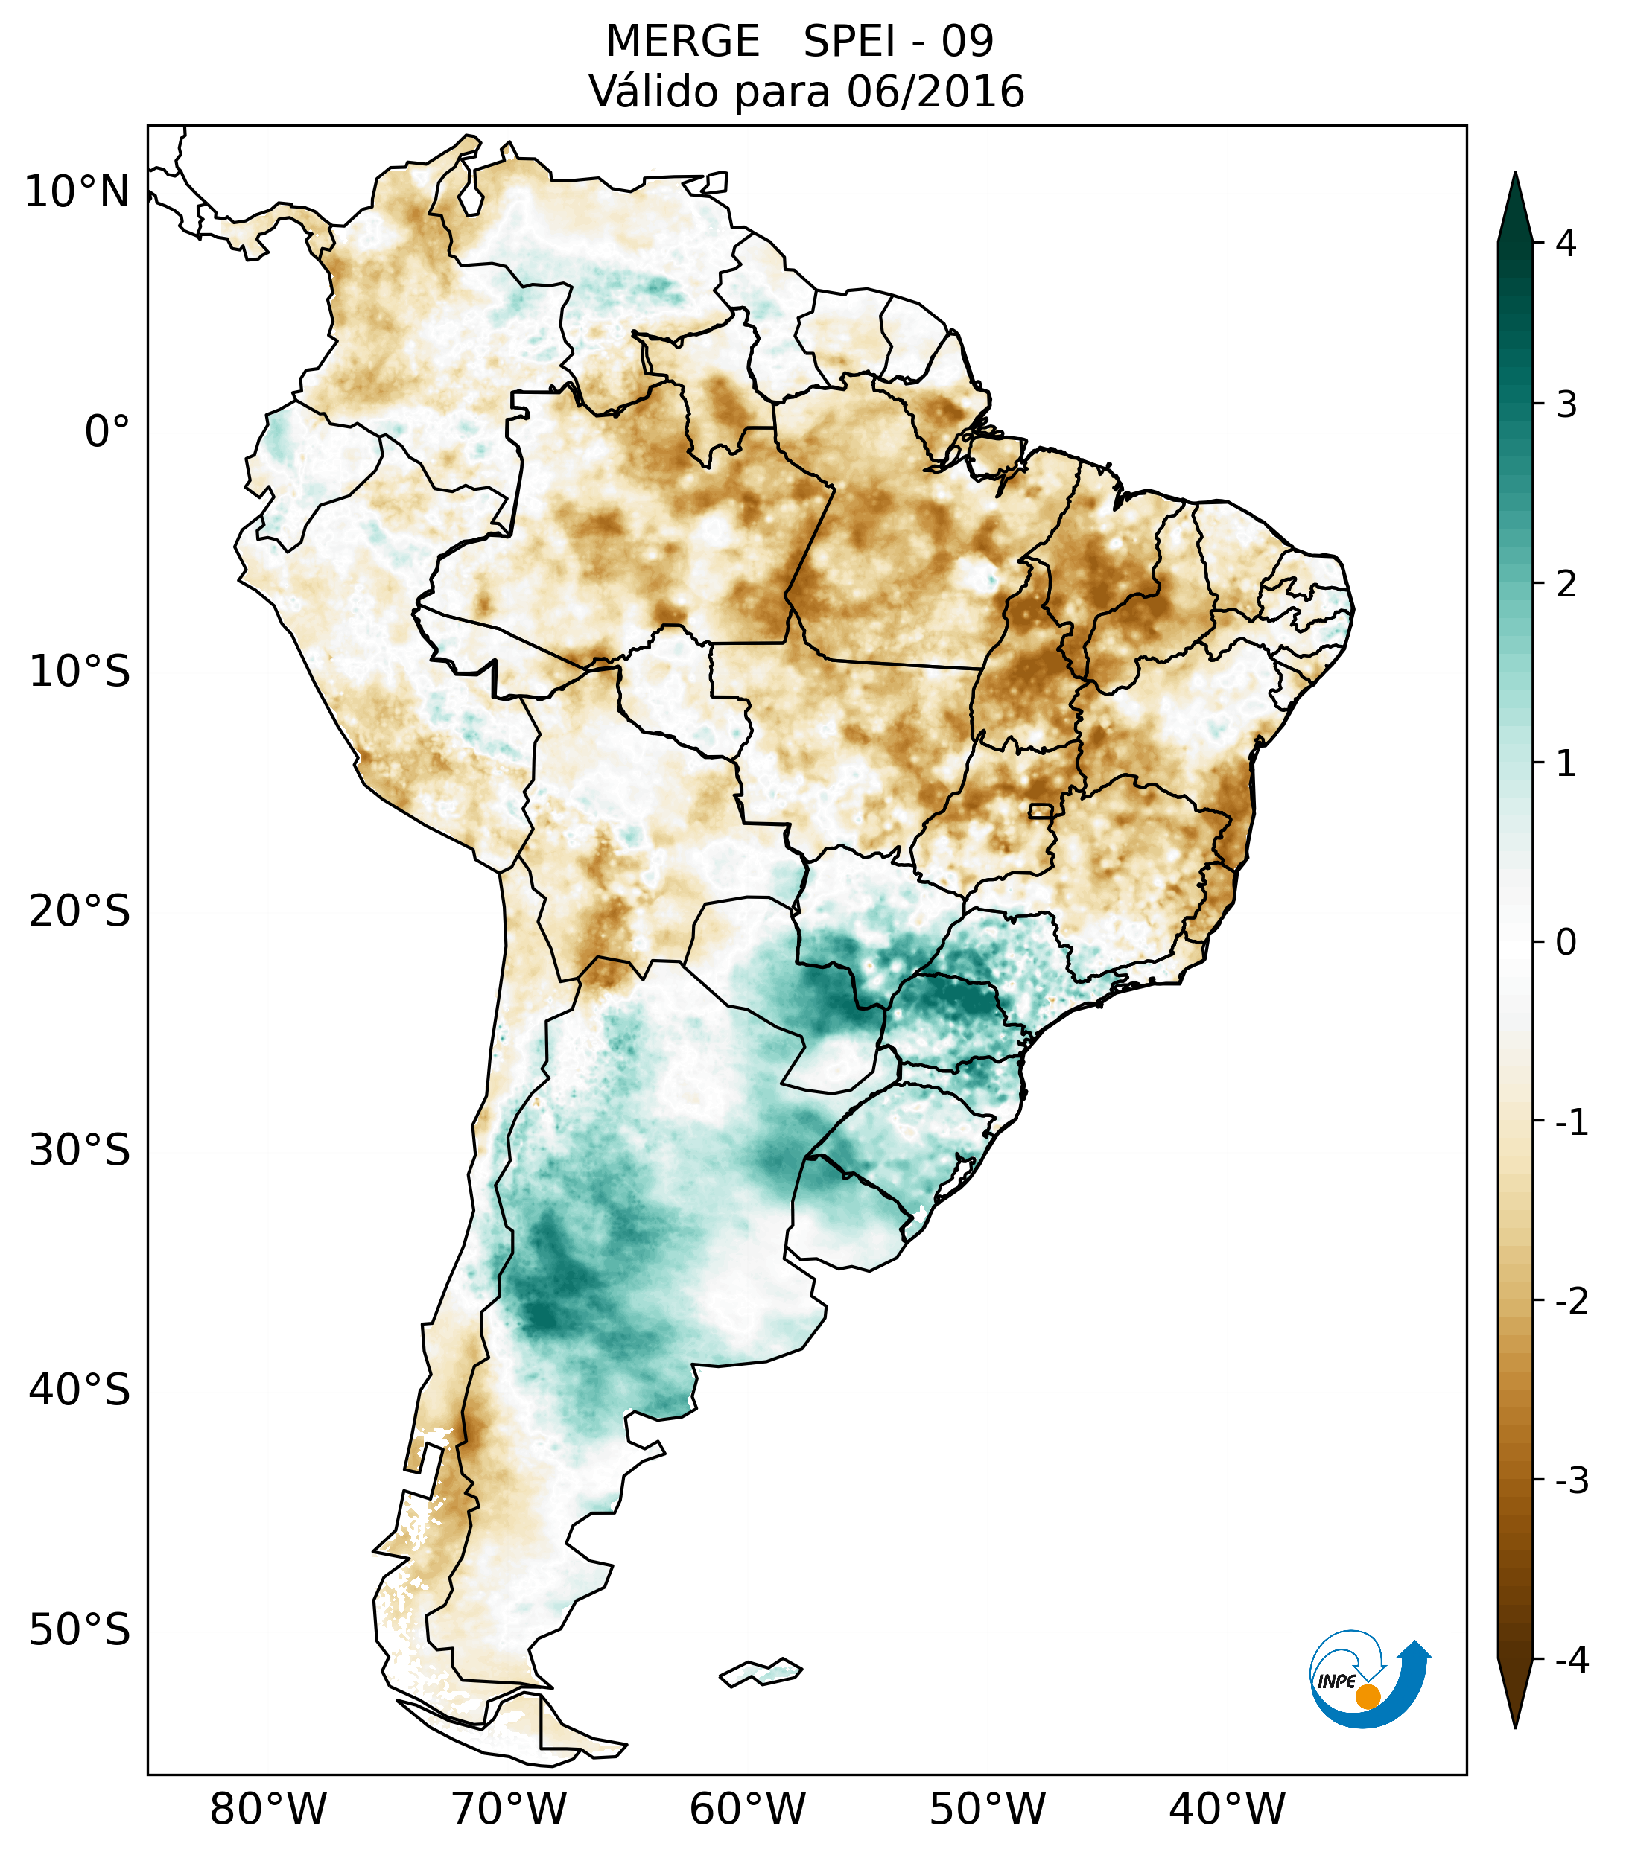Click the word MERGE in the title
coord(682,42)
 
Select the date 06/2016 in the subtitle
coord(935,92)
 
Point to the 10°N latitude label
coord(76,192)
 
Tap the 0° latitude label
coord(107,432)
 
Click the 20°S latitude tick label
coord(80,911)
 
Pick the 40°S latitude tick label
coord(80,1390)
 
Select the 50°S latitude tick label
coord(80,1631)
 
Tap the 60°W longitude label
coord(747,1810)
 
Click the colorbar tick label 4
coord(1566,244)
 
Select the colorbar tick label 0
coord(1566,942)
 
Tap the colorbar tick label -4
coord(1571,1661)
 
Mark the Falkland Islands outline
coord(761,1671)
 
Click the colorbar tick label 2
coord(1566,584)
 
